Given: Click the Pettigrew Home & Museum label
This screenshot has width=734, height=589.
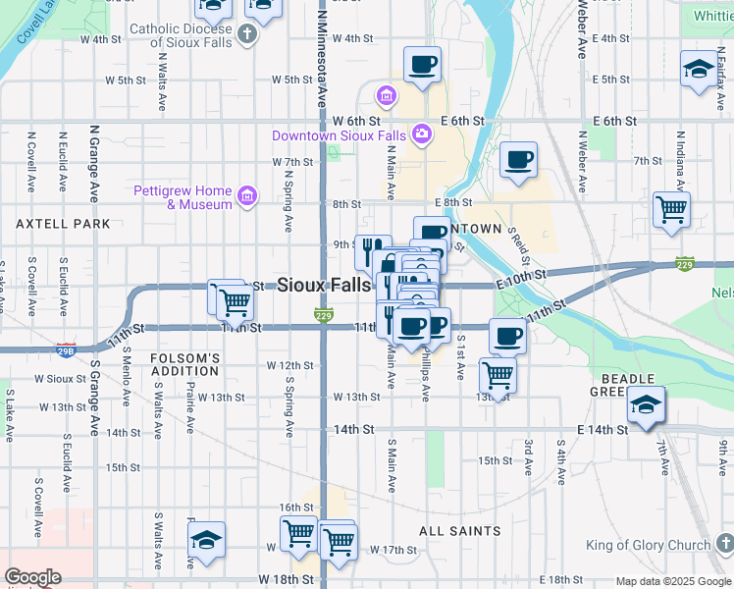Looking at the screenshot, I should [183, 197].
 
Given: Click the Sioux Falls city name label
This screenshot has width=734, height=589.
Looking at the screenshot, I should [325, 286].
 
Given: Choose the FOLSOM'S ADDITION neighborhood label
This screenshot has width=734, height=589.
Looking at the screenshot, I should [184, 364].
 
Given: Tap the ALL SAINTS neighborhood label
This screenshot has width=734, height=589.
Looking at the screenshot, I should [459, 531].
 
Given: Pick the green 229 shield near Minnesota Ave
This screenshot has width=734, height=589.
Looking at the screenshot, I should [324, 314].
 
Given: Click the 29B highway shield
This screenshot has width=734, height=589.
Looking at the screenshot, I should [66, 349].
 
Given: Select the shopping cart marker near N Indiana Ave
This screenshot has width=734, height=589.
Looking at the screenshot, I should [672, 209].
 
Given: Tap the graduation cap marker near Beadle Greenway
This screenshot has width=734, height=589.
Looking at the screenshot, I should [646, 405].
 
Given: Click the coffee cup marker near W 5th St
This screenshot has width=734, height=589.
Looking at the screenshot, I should [423, 66].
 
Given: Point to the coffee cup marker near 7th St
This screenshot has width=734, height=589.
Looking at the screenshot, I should [518, 159].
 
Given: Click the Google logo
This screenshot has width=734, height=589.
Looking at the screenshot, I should [32, 577].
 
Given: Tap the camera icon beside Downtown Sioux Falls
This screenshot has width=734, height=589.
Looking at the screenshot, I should [422, 134].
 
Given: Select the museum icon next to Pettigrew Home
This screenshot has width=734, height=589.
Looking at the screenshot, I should [246, 197].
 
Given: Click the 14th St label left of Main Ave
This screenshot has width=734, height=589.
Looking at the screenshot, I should [354, 430].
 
